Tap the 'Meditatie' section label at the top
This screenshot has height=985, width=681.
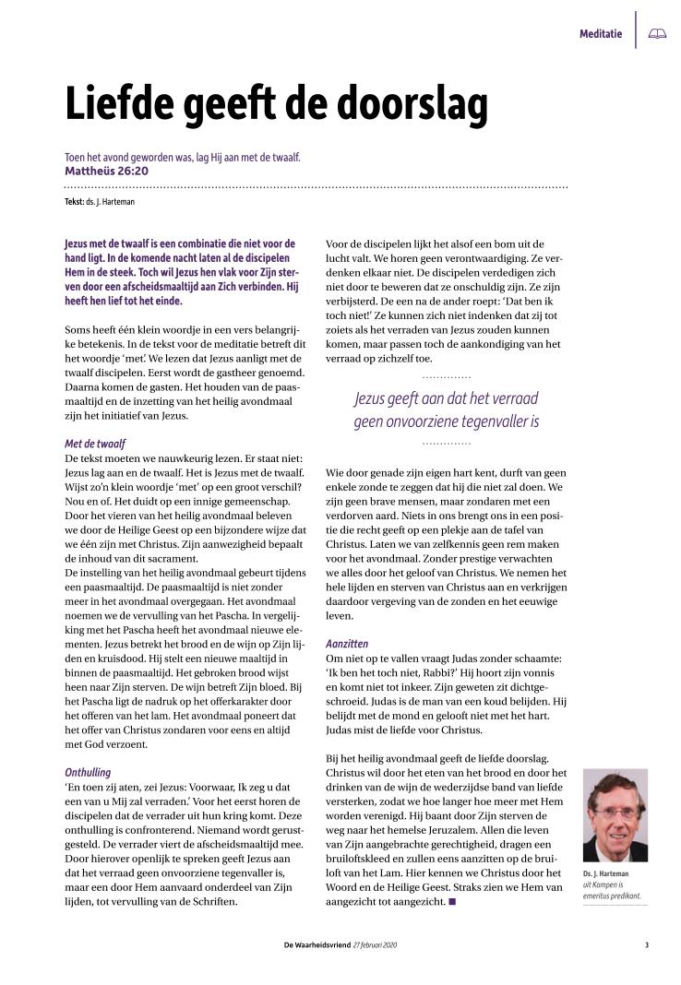tap(600, 34)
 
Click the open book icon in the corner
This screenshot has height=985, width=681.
tap(657, 34)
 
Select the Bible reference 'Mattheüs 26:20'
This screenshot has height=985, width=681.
tap(106, 172)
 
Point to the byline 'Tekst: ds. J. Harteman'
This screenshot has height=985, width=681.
tap(105, 201)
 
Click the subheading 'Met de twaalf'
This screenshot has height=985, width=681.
tap(96, 444)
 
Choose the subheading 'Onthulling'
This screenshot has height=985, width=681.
tap(88, 771)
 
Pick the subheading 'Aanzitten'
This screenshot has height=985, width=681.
tap(347, 643)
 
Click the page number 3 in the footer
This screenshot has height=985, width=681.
tap(647, 945)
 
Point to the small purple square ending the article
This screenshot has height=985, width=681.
tap(452, 899)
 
